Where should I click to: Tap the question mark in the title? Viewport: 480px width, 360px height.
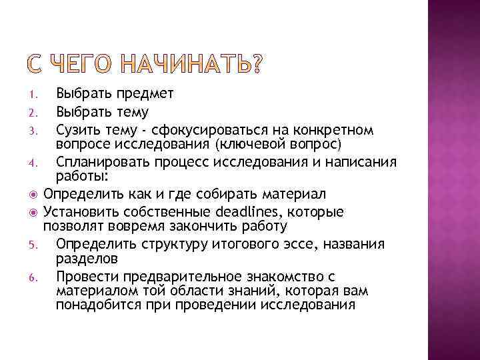[255, 65]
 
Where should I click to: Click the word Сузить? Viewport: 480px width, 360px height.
[77, 129]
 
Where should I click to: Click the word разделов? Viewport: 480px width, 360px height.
[87, 258]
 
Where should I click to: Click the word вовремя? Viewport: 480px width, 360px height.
[138, 227]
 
